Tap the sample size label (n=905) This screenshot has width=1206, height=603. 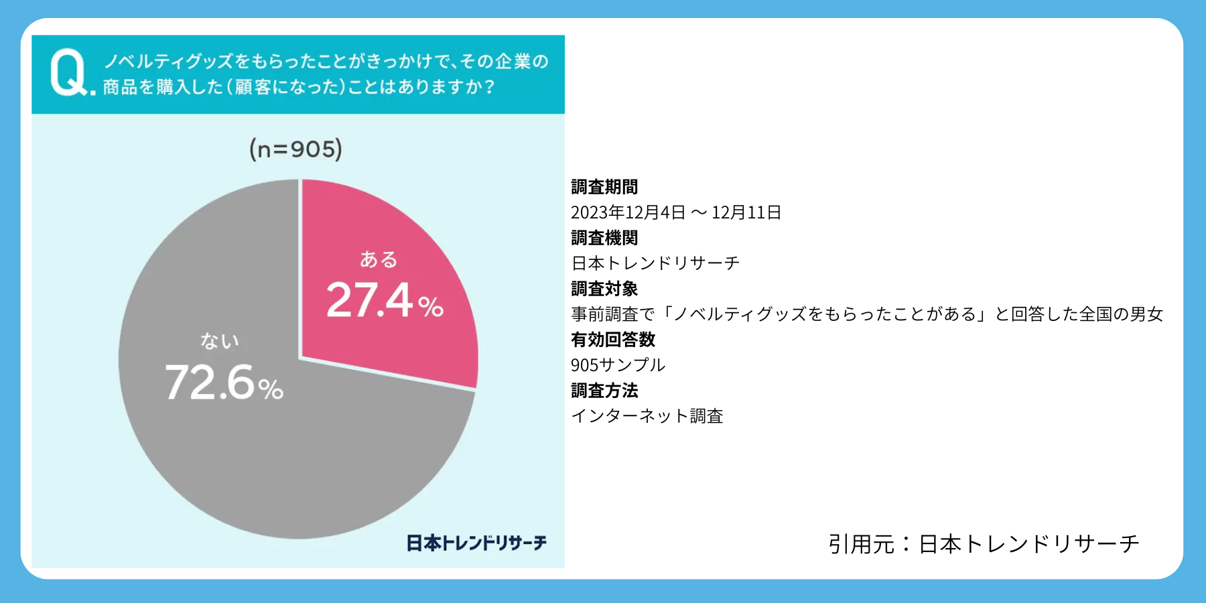point(295,149)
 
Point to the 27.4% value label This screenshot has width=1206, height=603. point(384,300)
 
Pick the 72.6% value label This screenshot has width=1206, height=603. point(224,383)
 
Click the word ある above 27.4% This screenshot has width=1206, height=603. point(379,259)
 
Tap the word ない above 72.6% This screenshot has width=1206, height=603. point(220,341)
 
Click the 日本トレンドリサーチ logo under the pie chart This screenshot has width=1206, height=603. point(476,543)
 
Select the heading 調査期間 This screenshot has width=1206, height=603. point(604,187)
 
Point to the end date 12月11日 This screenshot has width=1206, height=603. point(746,212)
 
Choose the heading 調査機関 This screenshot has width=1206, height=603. point(604,238)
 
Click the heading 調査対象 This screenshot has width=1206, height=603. point(604,289)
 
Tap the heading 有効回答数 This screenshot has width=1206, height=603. point(613,340)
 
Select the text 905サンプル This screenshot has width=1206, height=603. point(618,365)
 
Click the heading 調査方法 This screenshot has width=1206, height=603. point(604,391)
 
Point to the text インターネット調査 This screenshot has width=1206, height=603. point(647,416)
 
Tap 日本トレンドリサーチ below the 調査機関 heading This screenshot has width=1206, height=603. point(655,263)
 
